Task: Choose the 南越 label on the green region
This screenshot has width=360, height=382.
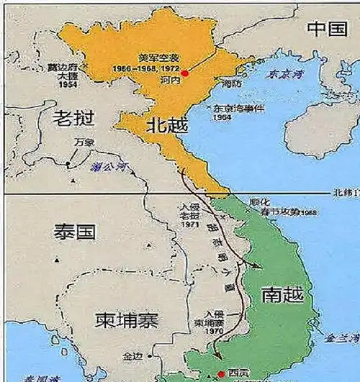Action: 283,294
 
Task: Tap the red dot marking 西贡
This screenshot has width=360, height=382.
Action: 219,374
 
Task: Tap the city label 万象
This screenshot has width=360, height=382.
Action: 84,142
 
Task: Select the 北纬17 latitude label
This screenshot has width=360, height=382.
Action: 345,194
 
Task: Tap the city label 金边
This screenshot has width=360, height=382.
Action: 133,356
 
